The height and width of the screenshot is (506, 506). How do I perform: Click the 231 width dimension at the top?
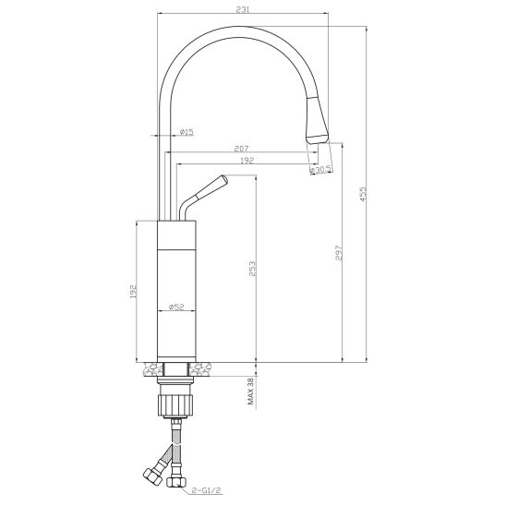coord(243,9)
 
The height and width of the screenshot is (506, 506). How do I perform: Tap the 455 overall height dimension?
coord(363,194)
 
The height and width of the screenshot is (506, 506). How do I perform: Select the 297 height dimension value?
coord(338,253)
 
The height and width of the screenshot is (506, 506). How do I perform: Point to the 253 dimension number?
coord(252,269)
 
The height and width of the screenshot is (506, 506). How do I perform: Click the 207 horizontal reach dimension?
coord(241,149)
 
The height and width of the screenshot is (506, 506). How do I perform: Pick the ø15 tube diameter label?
coord(187,132)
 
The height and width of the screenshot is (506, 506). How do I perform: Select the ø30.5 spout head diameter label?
coord(320,169)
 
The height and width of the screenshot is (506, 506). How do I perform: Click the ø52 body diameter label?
coord(176,307)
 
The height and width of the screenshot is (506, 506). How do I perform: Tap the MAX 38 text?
coord(251,392)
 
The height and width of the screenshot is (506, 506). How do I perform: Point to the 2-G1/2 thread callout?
coord(206,490)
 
